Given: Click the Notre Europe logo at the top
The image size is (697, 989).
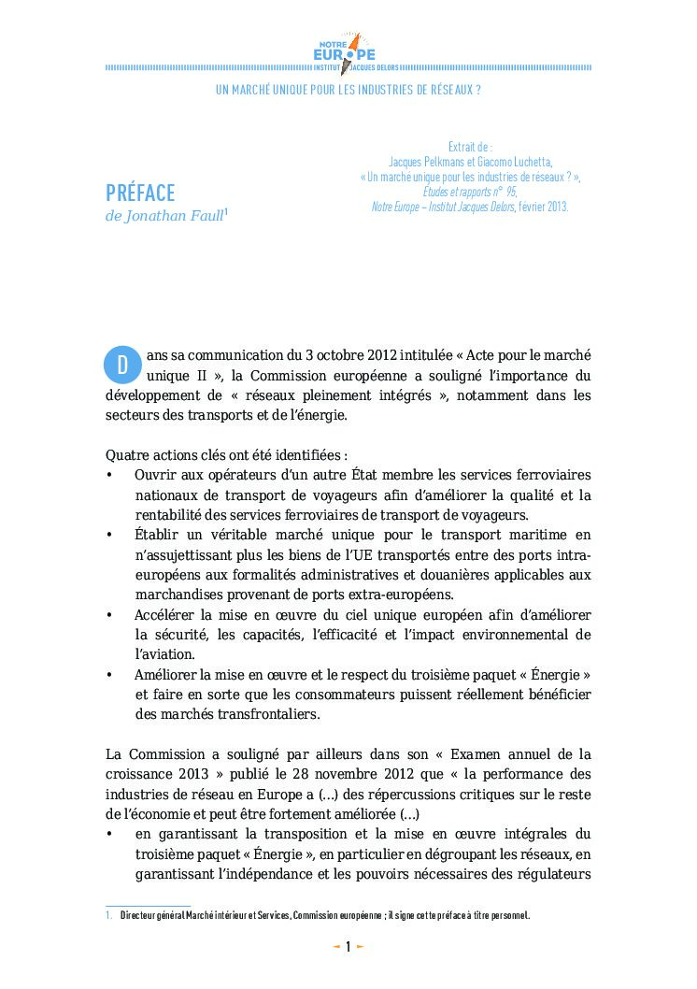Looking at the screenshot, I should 348,51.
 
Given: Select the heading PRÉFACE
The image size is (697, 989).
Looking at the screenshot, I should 140,193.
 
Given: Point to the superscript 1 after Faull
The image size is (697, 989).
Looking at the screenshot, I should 226,213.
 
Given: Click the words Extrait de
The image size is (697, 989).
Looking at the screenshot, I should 470,147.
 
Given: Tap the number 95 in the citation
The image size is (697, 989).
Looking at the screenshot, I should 510,192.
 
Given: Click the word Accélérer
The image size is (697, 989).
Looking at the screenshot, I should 164,615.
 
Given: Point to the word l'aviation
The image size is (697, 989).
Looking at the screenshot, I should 164,654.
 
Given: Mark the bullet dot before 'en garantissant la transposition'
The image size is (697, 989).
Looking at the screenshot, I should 110,834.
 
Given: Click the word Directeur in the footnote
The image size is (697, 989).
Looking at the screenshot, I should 138,916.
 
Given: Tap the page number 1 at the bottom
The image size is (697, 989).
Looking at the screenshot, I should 348,947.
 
